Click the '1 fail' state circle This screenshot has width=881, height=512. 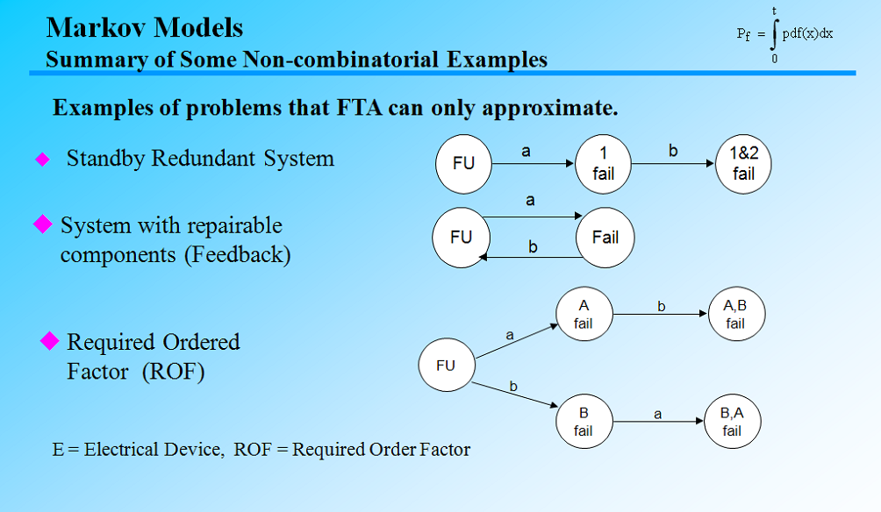604,164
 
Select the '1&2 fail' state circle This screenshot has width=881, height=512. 743,164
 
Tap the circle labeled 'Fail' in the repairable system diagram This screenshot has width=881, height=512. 605,238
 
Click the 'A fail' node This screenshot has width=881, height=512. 584,315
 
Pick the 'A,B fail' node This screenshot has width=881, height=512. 735,315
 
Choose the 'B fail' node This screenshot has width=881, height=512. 584,422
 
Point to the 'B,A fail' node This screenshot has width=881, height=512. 732,422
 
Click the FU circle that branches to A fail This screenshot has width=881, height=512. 446,366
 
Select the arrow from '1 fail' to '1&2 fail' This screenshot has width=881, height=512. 673,164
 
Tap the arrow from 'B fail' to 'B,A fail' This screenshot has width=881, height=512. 657,423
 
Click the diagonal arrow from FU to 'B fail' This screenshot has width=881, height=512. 516,395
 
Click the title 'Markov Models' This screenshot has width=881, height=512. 145,27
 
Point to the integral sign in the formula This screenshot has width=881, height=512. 774,34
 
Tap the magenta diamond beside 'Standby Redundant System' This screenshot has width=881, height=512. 42,160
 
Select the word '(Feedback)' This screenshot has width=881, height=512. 238,255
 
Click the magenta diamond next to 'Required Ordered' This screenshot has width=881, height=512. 50,340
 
